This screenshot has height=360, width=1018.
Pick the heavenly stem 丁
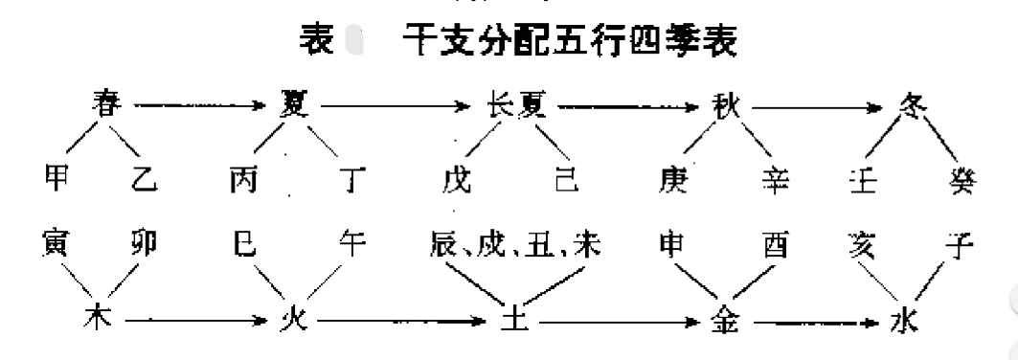[354, 181]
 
